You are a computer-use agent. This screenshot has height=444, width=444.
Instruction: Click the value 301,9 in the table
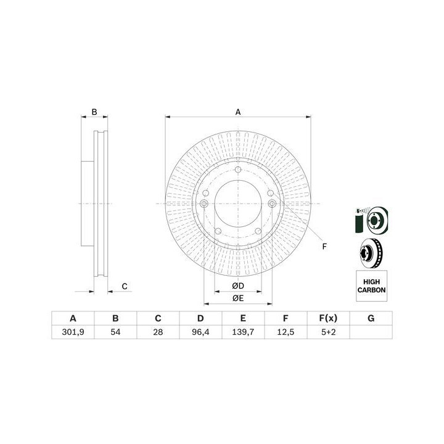pyautogui.click(x=73, y=332)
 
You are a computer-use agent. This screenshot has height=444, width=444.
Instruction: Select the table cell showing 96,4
pyautogui.click(x=200, y=332)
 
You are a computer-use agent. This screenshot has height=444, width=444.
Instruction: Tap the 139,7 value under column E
pyautogui.click(x=243, y=332)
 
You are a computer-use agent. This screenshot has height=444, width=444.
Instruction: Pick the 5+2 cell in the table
pyautogui.click(x=329, y=332)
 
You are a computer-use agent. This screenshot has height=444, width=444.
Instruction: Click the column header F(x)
pyautogui.click(x=329, y=318)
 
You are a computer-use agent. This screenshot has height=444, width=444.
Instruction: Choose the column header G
pyautogui.click(x=371, y=318)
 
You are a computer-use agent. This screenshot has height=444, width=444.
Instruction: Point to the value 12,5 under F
pyautogui.click(x=286, y=332)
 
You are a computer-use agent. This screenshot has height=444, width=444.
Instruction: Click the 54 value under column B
pyautogui.click(x=115, y=332)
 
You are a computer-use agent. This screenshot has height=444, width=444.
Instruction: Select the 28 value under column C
pyautogui.click(x=158, y=332)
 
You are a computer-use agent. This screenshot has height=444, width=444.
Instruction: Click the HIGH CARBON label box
pyautogui.click(x=371, y=286)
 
